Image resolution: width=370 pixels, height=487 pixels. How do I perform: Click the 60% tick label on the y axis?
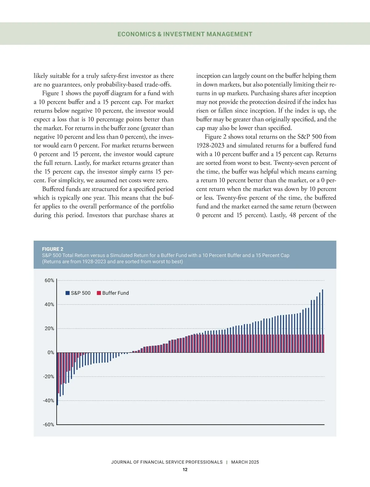49,280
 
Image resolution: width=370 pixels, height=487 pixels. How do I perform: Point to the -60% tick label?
48,425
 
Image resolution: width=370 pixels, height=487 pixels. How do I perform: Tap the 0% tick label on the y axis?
51,352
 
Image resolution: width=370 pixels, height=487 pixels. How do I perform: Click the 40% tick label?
49,304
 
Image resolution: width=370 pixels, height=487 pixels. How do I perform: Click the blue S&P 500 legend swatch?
68,293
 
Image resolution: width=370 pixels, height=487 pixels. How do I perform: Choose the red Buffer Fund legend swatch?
99,293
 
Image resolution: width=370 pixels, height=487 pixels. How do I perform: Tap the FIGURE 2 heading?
53,249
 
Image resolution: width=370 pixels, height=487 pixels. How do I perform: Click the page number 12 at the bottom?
185,469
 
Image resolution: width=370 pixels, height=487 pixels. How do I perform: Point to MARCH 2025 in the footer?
245,462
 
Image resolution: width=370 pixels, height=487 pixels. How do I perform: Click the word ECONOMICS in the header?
137,34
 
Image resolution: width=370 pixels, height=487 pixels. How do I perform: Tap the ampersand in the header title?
159,34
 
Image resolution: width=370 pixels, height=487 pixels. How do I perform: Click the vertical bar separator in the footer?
227,462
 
